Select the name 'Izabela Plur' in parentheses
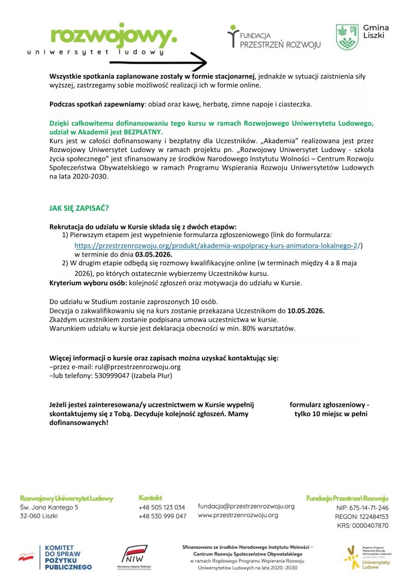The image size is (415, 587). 151,376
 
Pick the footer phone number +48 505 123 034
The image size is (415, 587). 162,507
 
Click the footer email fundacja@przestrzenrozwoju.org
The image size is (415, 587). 246,506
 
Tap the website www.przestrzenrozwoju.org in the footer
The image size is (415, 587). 238,515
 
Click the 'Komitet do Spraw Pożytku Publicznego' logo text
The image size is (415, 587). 68,558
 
